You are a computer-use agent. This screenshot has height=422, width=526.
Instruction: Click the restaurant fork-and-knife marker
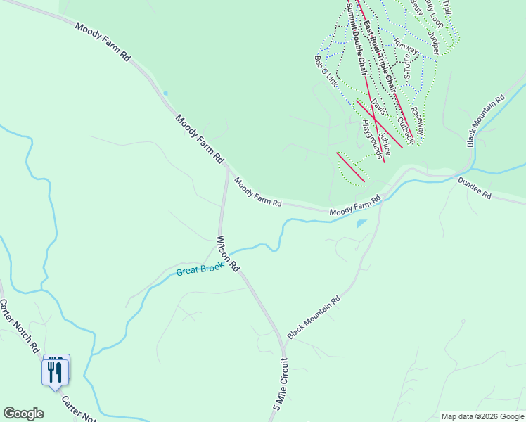tap(56, 370)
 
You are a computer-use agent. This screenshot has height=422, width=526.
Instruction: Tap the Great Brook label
tap(200, 269)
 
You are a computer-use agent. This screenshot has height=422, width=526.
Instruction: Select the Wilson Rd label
tap(229, 254)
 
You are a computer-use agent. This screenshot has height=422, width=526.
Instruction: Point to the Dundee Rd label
tap(474, 187)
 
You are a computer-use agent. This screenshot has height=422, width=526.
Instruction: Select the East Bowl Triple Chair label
tap(378, 53)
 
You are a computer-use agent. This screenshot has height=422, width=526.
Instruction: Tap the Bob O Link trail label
tap(326, 71)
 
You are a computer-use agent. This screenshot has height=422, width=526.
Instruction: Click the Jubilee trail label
tap(384, 141)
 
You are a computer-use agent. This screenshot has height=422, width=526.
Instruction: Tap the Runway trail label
tap(406, 47)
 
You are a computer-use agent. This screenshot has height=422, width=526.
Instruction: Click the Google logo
tap(23, 414)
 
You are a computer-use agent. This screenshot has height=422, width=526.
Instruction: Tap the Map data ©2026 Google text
tap(482, 416)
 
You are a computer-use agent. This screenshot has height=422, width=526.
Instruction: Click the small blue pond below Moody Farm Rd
tap(361, 224)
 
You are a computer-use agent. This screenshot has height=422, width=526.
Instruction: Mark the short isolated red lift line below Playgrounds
tap(350, 167)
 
